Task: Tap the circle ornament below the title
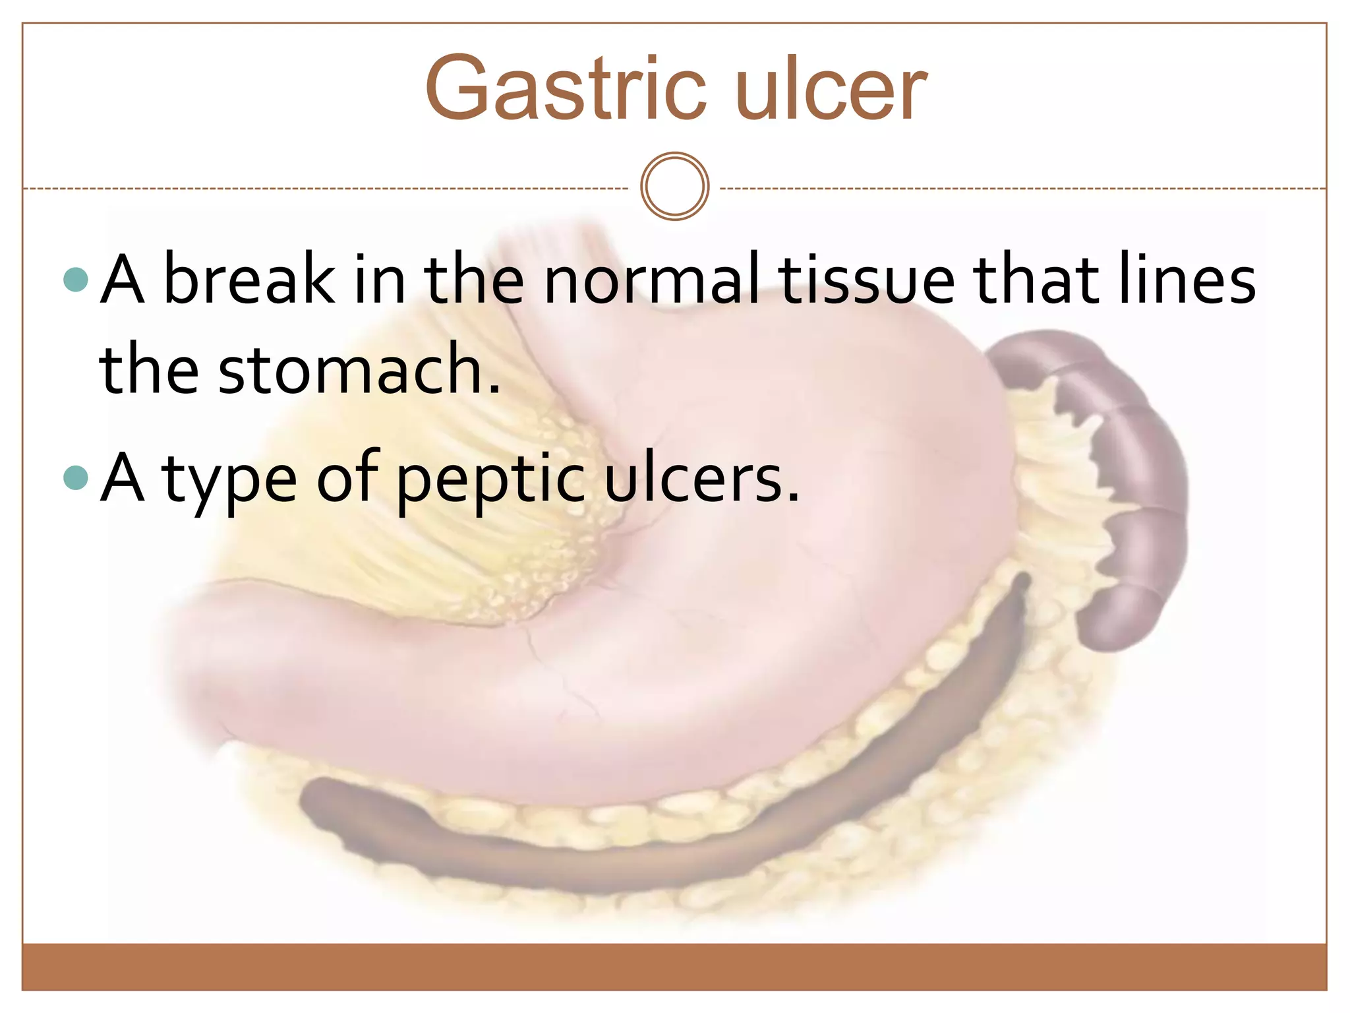pos(674,186)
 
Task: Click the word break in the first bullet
pos(249,280)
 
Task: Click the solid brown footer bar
pos(674,966)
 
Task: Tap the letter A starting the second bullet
pos(123,477)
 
